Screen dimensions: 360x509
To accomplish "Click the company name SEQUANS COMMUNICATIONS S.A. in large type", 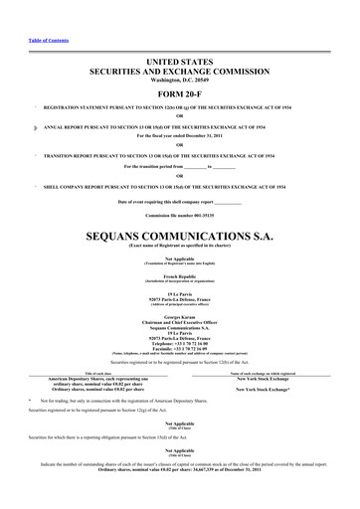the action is [x=179, y=239].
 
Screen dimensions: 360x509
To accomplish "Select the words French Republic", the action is [x=179, y=272].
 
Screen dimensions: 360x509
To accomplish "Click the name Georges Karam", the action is [x=179, y=313].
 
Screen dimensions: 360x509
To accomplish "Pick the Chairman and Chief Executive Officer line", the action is [x=179, y=319].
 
